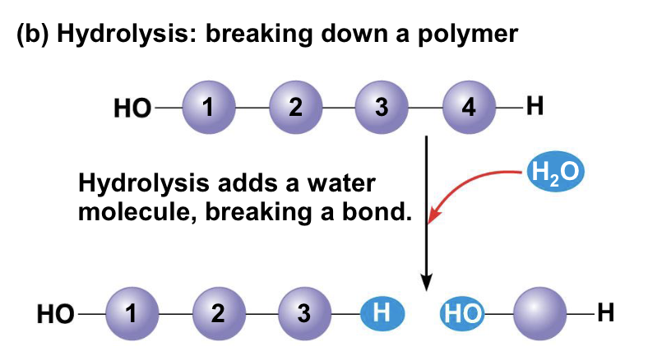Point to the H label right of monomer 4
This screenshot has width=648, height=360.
pyautogui.click(x=535, y=108)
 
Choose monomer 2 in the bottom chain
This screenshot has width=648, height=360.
pyautogui.click(x=218, y=313)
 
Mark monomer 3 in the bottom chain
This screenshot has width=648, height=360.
pyautogui.click(x=304, y=313)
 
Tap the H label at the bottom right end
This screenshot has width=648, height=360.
pyautogui.click(x=606, y=312)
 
